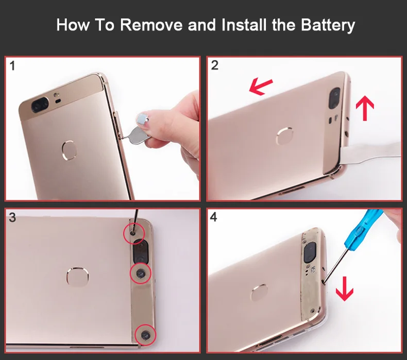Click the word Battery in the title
(328, 25)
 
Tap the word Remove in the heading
(151, 25)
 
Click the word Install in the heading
(244, 25)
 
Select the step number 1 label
(12, 66)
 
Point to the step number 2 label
(215, 65)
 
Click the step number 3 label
(12, 217)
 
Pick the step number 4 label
(213, 217)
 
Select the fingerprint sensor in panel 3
(77, 277)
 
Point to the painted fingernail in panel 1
(142, 118)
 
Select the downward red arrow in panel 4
(345, 288)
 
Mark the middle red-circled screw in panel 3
(141, 273)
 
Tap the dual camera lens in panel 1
(40, 105)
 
